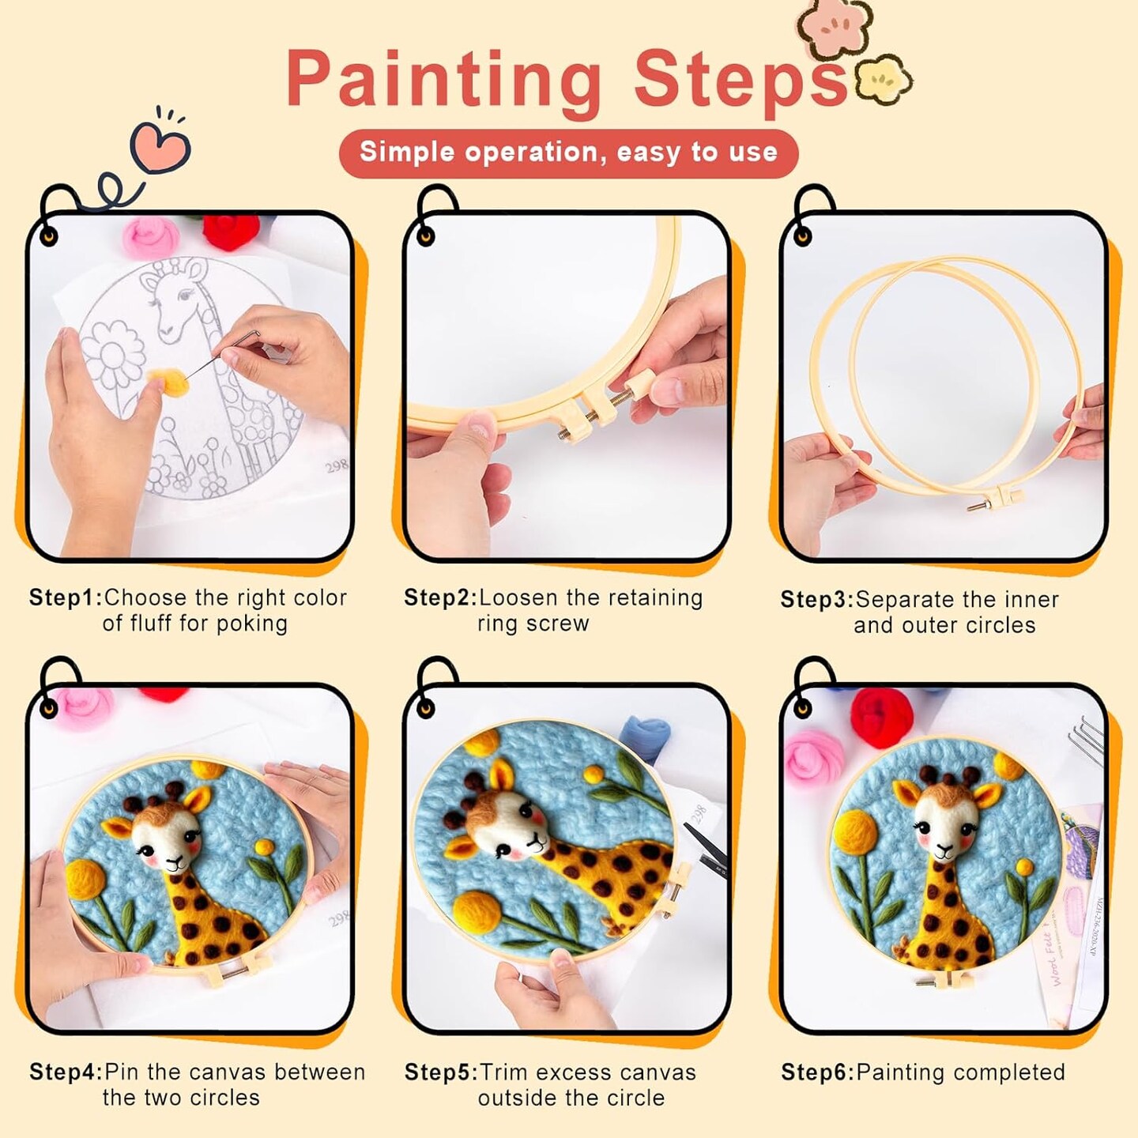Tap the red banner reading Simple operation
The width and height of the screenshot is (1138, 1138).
click(569, 153)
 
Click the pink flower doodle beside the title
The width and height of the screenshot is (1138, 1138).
click(835, 28)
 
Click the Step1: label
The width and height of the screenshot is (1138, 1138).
click(66, 598)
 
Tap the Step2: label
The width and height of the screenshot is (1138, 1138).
click(440, 598)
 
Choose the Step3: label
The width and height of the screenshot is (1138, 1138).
click(817, 600)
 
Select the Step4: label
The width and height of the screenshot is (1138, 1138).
click(66, 1072)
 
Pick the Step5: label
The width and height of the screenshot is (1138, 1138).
click(441, 1072)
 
